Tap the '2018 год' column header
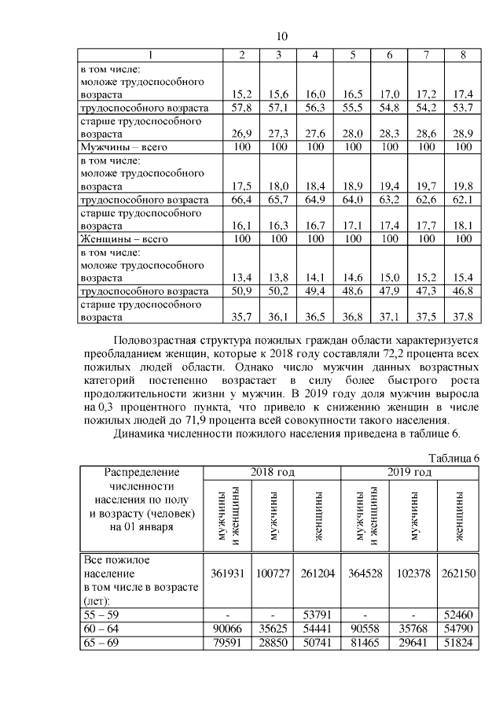273,472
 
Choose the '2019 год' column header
410,472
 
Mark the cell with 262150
459,574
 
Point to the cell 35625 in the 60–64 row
272,629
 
